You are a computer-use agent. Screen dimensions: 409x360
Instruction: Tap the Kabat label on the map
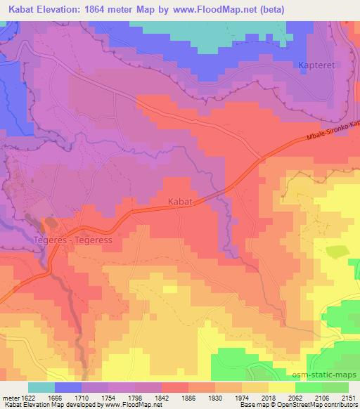pos(179,201)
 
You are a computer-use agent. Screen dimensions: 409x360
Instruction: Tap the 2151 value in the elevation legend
pos(347,397)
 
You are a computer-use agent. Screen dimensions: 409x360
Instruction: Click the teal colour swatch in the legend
pos(41,387)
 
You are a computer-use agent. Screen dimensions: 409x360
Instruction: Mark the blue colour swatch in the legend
pos(68,387)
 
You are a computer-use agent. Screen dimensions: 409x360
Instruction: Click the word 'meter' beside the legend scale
pos(9,397)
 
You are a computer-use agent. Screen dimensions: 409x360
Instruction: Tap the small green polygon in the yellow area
pos(337,252)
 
